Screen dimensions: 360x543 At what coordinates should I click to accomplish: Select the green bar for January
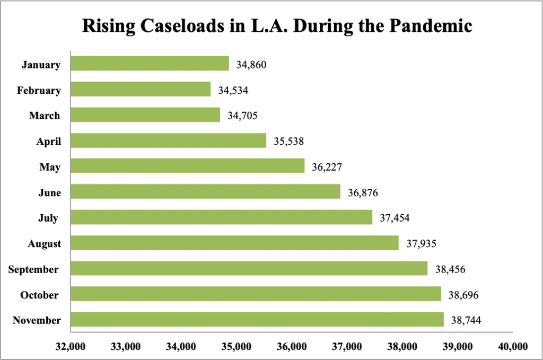(150, 64)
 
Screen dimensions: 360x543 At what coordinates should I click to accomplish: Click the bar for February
(141, 89)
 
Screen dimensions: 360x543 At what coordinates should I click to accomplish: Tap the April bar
(168, 141)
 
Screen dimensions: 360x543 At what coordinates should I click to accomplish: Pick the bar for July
(221, 217)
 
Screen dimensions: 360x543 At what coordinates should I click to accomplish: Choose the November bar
(257, 320)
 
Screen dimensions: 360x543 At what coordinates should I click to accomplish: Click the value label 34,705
(242, 116)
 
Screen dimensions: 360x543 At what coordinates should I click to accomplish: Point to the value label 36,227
(327, 167)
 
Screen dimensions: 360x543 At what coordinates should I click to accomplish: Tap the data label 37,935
(421, 243)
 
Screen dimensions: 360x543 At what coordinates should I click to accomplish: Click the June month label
(49, 192)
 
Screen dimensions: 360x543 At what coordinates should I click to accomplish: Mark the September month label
(33, 269)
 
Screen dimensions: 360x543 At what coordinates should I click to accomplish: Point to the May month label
(50, 167)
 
